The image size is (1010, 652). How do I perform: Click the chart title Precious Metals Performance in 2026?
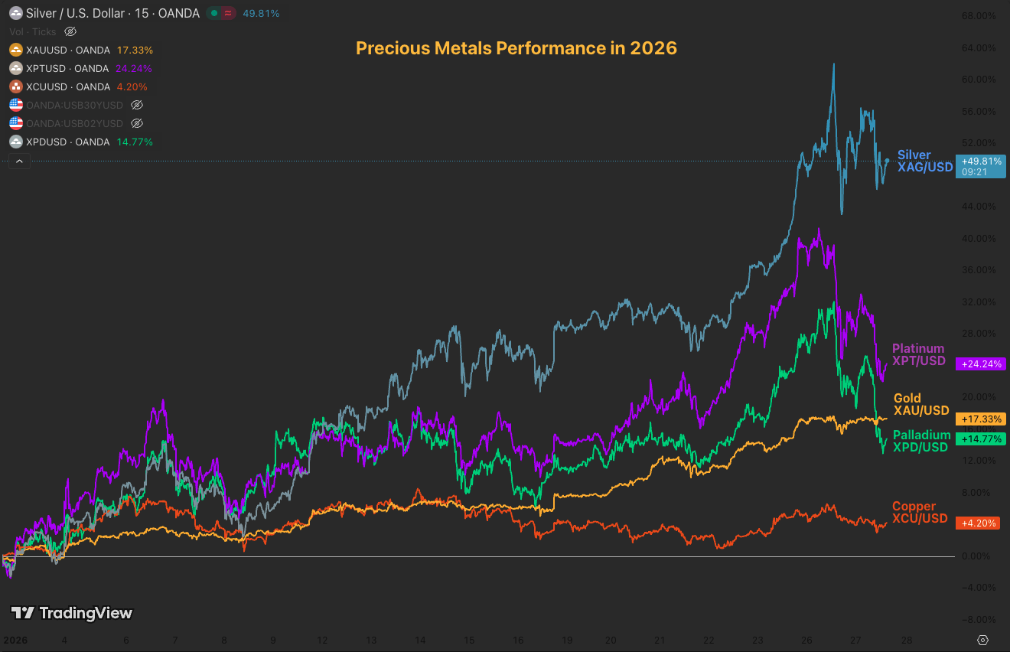coord(516,48)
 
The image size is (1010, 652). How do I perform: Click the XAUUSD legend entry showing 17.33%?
coord(81,50)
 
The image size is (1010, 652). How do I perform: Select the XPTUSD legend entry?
coord(81,68)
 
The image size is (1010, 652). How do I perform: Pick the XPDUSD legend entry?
coord(81,142)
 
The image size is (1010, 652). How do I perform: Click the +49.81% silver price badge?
coord(981,161)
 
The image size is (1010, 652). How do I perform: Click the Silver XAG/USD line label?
coord(925,161)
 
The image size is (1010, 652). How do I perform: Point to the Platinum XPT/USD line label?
coord(918,355)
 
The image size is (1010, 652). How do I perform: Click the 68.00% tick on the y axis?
coord(979,16)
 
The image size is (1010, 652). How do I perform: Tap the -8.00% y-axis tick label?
coord(979,620)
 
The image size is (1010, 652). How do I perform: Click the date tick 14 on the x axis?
coord(419,640)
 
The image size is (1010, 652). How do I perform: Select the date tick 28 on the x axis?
coord(905,640)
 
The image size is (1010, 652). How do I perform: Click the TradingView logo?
coord(71,613)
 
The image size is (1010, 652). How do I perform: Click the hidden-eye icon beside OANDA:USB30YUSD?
coord(137,105)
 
